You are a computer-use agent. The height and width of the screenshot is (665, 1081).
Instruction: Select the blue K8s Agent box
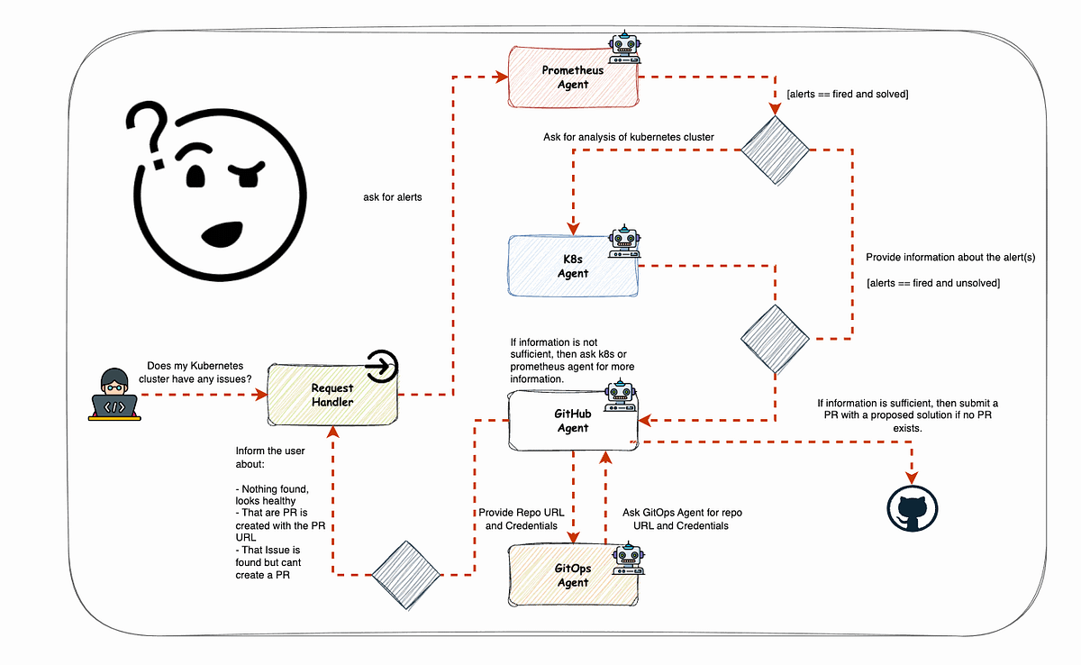click(x=573, y=266)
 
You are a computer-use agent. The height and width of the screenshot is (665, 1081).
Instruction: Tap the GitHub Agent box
click(x=573, y=421)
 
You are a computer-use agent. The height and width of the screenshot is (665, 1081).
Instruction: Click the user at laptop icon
click(x=114, y=395)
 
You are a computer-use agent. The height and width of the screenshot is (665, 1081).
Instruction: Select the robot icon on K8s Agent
click(x=623, y=240)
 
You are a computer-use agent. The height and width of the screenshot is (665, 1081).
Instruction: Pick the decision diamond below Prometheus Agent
click(x=774, y=150)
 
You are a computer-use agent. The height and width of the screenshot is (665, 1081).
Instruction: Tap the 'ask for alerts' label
click(x=386, y=196)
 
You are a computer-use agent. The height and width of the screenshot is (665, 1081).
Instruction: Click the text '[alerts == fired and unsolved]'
click(x=932, y=283)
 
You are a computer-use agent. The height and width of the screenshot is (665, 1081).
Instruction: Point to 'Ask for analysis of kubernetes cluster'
click(x=628, y=137)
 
